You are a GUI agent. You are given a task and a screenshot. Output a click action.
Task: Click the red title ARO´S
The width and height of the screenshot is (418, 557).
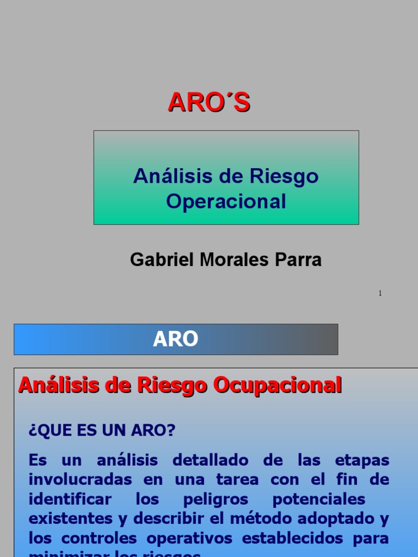[209, 102]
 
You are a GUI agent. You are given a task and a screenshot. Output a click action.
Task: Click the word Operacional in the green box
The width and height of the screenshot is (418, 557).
[226, 201]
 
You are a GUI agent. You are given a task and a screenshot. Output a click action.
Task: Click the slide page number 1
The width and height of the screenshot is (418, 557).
[380, 294]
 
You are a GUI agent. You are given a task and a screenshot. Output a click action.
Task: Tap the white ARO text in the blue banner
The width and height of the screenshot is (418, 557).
[175, 339]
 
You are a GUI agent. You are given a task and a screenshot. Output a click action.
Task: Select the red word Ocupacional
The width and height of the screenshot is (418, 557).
[277, 385]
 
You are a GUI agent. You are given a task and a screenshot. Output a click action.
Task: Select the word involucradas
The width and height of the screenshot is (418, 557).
[80, 480]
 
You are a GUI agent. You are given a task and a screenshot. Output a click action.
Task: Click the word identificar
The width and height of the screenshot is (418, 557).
[70, 499]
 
